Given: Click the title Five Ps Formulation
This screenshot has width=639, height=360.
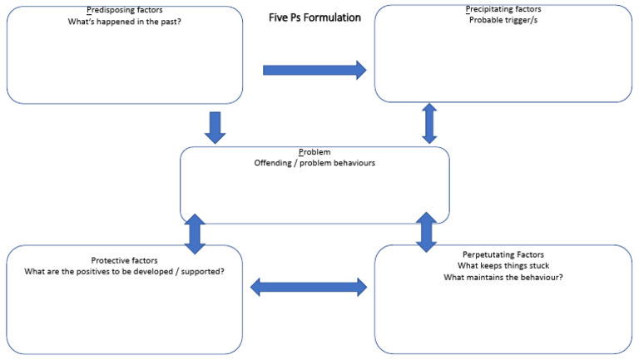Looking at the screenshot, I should click(315, 17).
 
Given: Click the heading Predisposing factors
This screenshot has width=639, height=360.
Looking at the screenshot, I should click(124, 10).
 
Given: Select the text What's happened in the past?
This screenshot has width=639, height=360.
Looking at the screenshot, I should click(124, 22).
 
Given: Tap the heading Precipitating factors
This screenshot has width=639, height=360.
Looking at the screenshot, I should click(504, 9).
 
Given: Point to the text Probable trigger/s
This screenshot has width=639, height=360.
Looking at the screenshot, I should click(504, 20).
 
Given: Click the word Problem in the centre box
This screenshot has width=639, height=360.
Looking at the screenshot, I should click(315, 152).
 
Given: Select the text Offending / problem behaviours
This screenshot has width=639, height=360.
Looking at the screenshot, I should click(315, 163).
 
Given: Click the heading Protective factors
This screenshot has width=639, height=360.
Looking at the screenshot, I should click(124, 260).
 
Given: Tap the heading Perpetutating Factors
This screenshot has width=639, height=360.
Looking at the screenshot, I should click(504, 254).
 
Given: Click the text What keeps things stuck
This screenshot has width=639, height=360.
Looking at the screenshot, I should click(504, 265).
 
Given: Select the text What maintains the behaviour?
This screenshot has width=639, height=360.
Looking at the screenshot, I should click(504, 277).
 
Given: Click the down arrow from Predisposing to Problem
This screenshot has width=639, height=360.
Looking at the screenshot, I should click(215, 126).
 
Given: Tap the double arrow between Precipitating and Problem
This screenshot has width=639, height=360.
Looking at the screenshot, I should click(429, 123).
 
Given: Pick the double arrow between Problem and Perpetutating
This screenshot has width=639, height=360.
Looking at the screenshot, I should click(426, 232).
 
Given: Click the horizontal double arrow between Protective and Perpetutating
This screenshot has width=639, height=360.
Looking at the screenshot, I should click(309, 287).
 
